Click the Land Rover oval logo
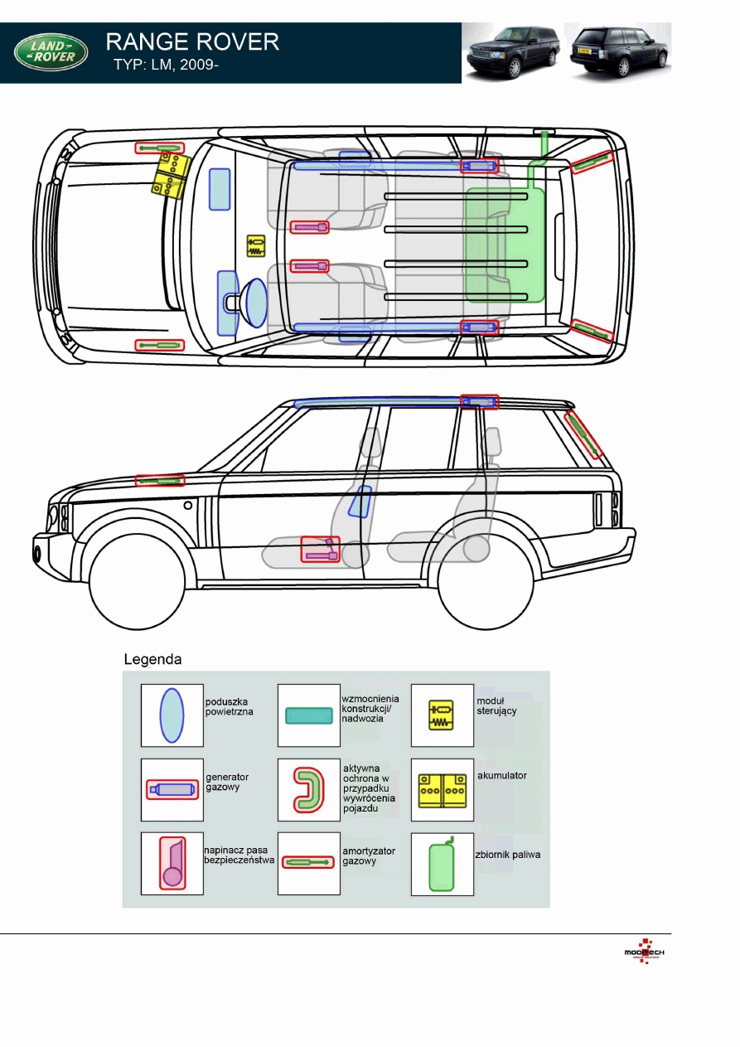coord(51,52)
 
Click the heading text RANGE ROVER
coord(192,42)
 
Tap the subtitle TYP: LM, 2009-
coord(166,65)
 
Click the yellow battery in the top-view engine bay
coord(171,176)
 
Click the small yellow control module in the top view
coord(256,246)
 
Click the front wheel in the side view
coord(137,581)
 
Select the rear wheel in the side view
coord(486,581)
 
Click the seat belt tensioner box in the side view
coord(320,550)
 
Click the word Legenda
coord(152,660)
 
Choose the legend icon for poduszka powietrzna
coord(172,715)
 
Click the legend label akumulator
coord(501,775)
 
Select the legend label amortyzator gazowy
coord(369,856)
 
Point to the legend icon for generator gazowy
coord(172,790)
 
